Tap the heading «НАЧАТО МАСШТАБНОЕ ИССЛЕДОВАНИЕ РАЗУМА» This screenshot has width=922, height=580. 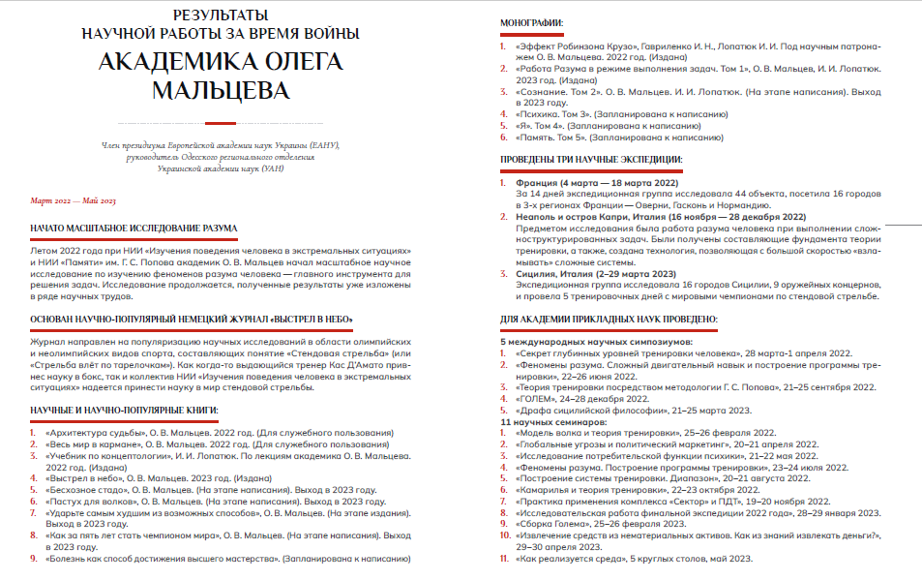click(133, 229)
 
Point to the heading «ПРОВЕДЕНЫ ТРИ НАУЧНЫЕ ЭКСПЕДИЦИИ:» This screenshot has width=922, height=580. click(591, 158)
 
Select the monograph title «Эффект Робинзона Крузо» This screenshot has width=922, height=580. click(575, 46)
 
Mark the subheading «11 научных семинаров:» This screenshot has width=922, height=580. click(553, 422)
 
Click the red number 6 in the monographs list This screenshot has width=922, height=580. click(503, 138)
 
